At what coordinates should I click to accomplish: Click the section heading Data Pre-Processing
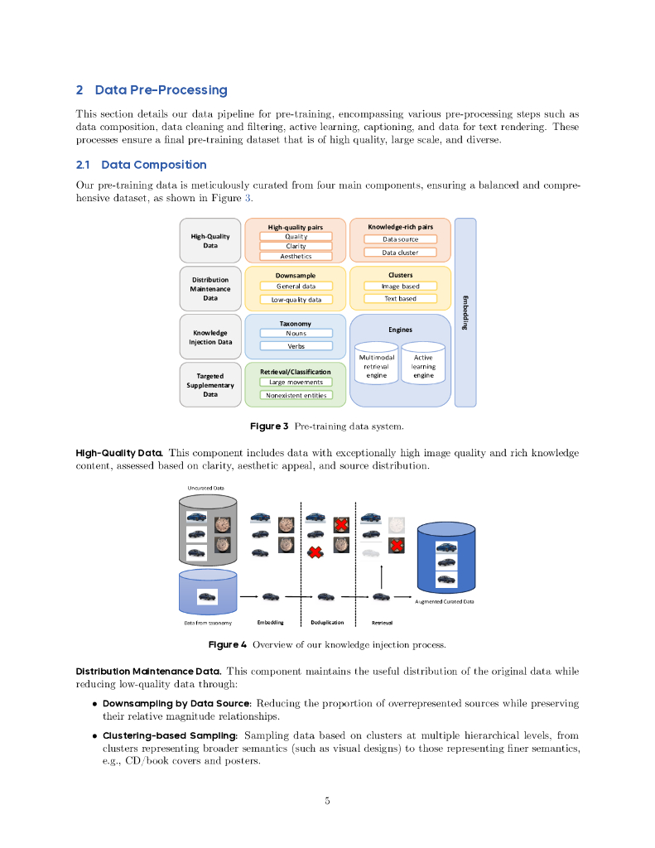point(161,89)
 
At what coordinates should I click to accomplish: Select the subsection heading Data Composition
point(153,165)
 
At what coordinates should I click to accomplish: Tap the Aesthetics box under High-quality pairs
point(296,256)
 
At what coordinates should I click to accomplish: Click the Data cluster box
point(400,252)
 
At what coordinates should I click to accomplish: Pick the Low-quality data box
point(296,299)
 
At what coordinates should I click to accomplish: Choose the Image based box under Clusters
point(400,286)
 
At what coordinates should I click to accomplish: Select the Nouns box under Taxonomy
point(296,333)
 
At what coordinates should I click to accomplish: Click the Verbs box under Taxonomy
point(296,346)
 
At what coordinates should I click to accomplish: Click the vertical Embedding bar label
point(465,312)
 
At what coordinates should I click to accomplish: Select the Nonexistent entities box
point(296,395)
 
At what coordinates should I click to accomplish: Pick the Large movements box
point(296,382)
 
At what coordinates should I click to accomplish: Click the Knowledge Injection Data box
point(210,337)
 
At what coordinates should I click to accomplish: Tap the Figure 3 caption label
point(269,426)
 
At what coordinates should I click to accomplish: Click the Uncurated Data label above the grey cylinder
point(205,489)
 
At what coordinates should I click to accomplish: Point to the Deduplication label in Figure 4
point(327,622)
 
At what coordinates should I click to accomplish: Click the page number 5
point(327,801)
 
